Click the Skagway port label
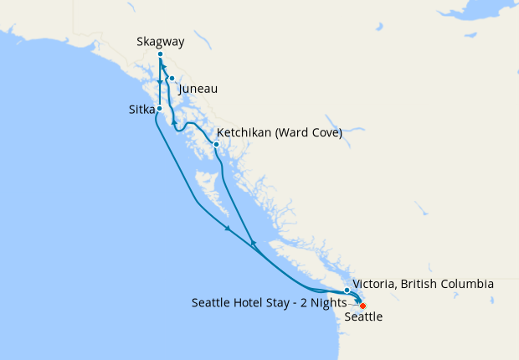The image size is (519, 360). tap(160, 41)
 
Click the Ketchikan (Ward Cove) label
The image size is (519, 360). tap(279, 133)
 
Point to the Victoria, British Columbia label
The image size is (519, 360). tap(423, 285)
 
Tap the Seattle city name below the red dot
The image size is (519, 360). tap(364, 317)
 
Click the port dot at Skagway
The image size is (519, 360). tap(160, 54)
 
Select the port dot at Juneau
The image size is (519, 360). tap(172, 80)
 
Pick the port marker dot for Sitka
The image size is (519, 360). tap(159, 110)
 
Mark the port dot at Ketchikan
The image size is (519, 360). tap(216, 144)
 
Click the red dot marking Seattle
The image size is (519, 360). tap(362, 306)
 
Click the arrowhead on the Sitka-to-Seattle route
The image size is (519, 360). tap(227, 229)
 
